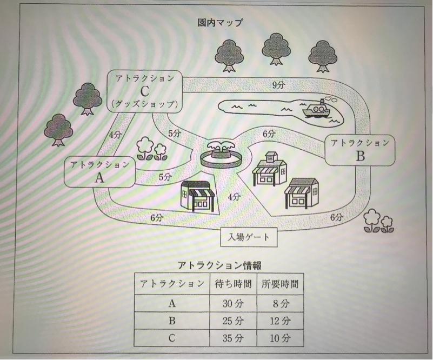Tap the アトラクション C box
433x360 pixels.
tap(144, 91)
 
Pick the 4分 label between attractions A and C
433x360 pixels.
tap(115, 135)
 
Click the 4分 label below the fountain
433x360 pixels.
tap(234, 197)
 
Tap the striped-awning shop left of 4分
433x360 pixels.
tap(197, 196)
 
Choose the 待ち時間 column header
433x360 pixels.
tap(231, 283)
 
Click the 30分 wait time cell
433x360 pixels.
tap(231, 302)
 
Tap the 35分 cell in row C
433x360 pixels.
tap(231, 338)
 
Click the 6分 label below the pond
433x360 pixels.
tap(269, 134)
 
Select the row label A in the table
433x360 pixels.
tap(172, 302)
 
